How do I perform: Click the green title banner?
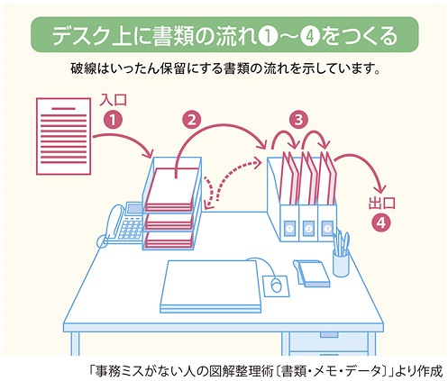pyautogui.click(x=224, y=35)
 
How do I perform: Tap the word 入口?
pyautogui.click(x=112, y=99)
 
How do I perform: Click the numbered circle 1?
pyautogui.click(x=112, y=118)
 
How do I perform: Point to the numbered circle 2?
pyautogui.click(x=191, y=118)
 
